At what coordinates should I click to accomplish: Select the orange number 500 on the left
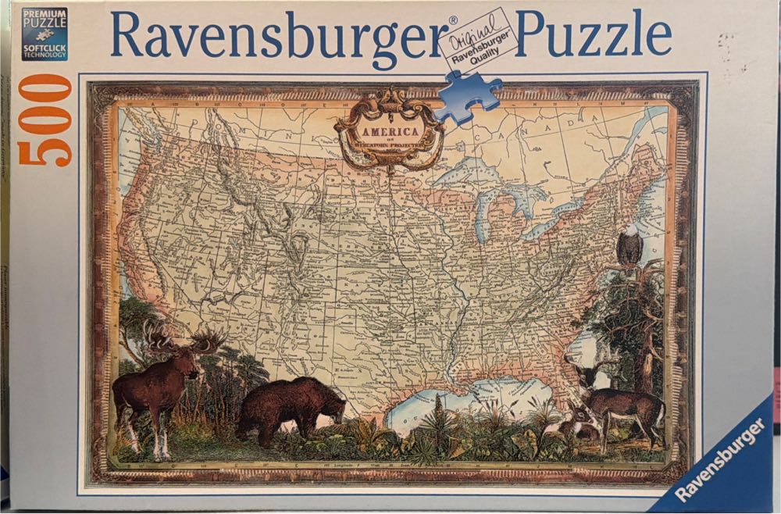click(45, 120)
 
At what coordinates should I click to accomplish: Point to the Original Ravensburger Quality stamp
click(477, 40)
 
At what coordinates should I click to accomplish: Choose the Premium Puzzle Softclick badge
click(44, 33)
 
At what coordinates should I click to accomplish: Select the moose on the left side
click(160, 391)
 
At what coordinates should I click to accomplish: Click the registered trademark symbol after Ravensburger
click(453, 20)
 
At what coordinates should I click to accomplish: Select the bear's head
click(331, 402)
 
